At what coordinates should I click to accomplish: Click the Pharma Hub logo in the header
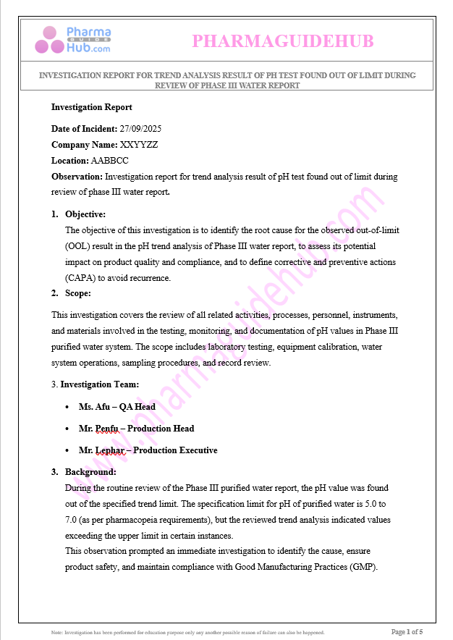[x=72, y=40]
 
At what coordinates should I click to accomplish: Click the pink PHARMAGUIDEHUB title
[x=283, y=41]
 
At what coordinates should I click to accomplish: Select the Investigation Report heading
[x=91, y=107]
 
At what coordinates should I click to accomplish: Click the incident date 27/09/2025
[x=140, y=129]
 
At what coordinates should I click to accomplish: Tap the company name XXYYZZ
[x=139, y=145]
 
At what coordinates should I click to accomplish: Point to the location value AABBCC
[x=109, y=161]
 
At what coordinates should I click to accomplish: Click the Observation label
[x=77, y=177]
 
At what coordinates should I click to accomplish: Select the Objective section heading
[x=85, y=214]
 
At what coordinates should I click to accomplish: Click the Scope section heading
[x=78, y=293]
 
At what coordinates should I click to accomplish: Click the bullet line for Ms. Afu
[x=117, y=407]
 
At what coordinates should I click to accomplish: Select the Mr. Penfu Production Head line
[x=136, y=429]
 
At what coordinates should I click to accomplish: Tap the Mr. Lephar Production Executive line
[x=148, y=450]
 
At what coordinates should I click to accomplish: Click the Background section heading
[x=90, y=472]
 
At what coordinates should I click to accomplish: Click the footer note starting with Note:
[x=187, y=632]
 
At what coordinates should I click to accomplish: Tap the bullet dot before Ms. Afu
[x=67, y=407]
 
